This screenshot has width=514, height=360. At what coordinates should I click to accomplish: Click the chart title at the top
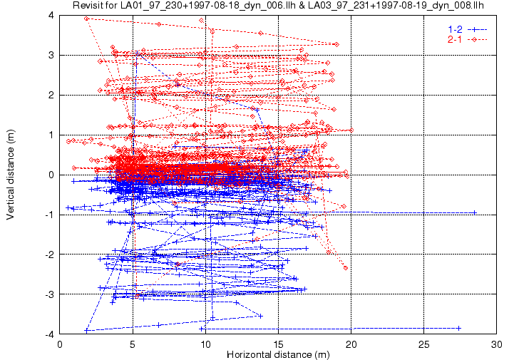pos(278,6)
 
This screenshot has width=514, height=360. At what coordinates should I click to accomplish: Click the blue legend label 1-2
pos(455,29)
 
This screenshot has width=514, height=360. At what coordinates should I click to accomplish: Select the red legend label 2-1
pos(455,38)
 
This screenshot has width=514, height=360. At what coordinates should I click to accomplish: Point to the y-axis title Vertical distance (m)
pos(11,173)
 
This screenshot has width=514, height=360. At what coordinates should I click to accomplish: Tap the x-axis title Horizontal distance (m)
pos(277,354)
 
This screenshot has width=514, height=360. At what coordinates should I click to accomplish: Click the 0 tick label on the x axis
pos(61,342)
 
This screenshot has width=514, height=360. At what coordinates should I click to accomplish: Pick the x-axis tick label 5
pos(133,342)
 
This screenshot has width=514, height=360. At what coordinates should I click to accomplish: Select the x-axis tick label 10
pos(206,342)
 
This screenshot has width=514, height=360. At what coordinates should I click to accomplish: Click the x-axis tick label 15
pos(279,342)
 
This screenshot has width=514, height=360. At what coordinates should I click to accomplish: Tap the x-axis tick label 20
pos(351,342)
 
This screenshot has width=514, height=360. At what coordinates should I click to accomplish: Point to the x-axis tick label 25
pos(424,342)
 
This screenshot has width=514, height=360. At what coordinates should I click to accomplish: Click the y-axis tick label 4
pos(51,15)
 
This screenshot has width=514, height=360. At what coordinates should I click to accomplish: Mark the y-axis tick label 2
pos(51,95)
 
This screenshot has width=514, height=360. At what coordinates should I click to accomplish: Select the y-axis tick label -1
pos(49,215)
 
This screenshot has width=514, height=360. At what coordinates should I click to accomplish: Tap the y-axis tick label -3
pos(49,294)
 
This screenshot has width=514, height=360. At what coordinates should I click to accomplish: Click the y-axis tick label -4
pos(49,334)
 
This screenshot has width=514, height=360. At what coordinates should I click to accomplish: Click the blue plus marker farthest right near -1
pos(475,212)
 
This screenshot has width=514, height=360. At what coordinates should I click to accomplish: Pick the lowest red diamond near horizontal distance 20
pos(346,268)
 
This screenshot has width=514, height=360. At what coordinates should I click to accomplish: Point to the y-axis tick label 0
pos(51,175)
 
